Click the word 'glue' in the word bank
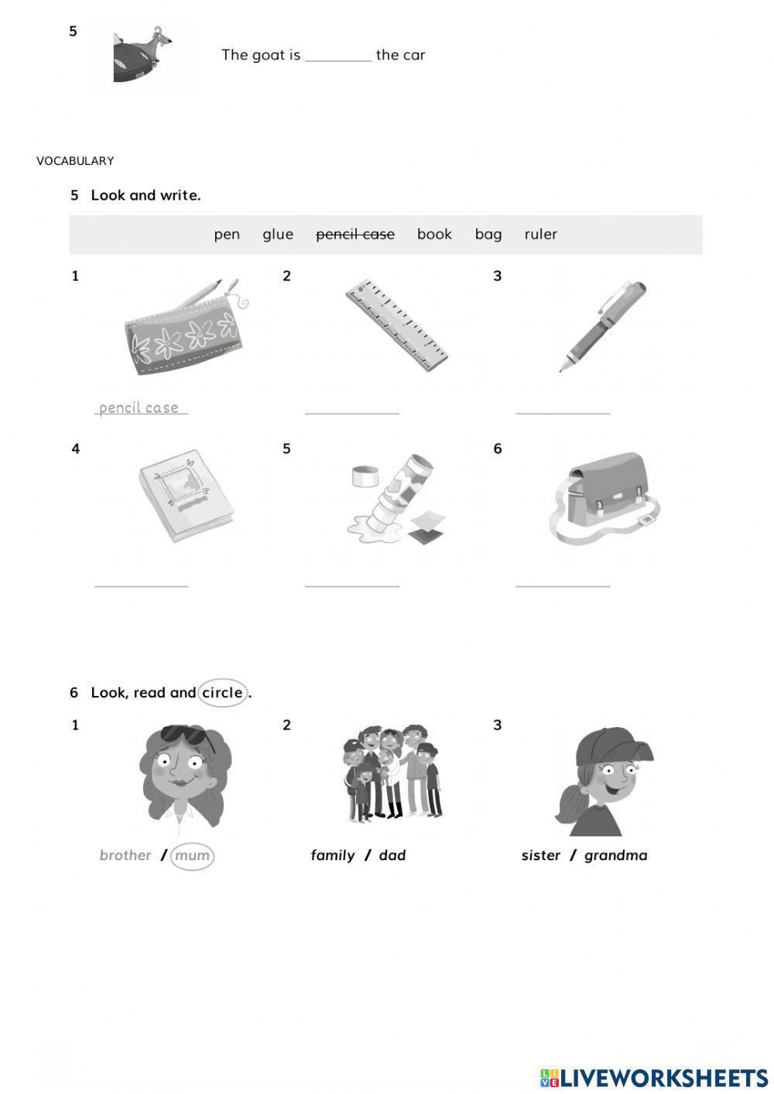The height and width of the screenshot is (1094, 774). [278, 235]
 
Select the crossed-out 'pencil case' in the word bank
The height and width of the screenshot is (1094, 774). [355, 235]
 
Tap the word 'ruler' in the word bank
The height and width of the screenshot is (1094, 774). [540, 235]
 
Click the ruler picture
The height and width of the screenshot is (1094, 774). [397, 325]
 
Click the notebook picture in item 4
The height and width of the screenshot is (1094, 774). [185, 496]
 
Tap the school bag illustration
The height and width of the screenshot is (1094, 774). [606, 496]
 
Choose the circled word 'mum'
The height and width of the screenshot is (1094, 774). [192, 856]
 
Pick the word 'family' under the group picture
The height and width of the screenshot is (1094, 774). [333, 856]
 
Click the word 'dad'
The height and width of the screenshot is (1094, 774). [392, 856]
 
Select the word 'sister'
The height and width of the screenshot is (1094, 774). [541, 856]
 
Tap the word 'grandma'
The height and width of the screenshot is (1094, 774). [616, 856]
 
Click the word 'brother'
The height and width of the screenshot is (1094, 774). [125, 856]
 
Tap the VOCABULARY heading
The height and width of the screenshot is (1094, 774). [75, 161]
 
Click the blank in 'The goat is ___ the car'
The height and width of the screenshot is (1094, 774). [338, 56]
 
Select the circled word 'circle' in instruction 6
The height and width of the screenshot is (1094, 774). [223, 693]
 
